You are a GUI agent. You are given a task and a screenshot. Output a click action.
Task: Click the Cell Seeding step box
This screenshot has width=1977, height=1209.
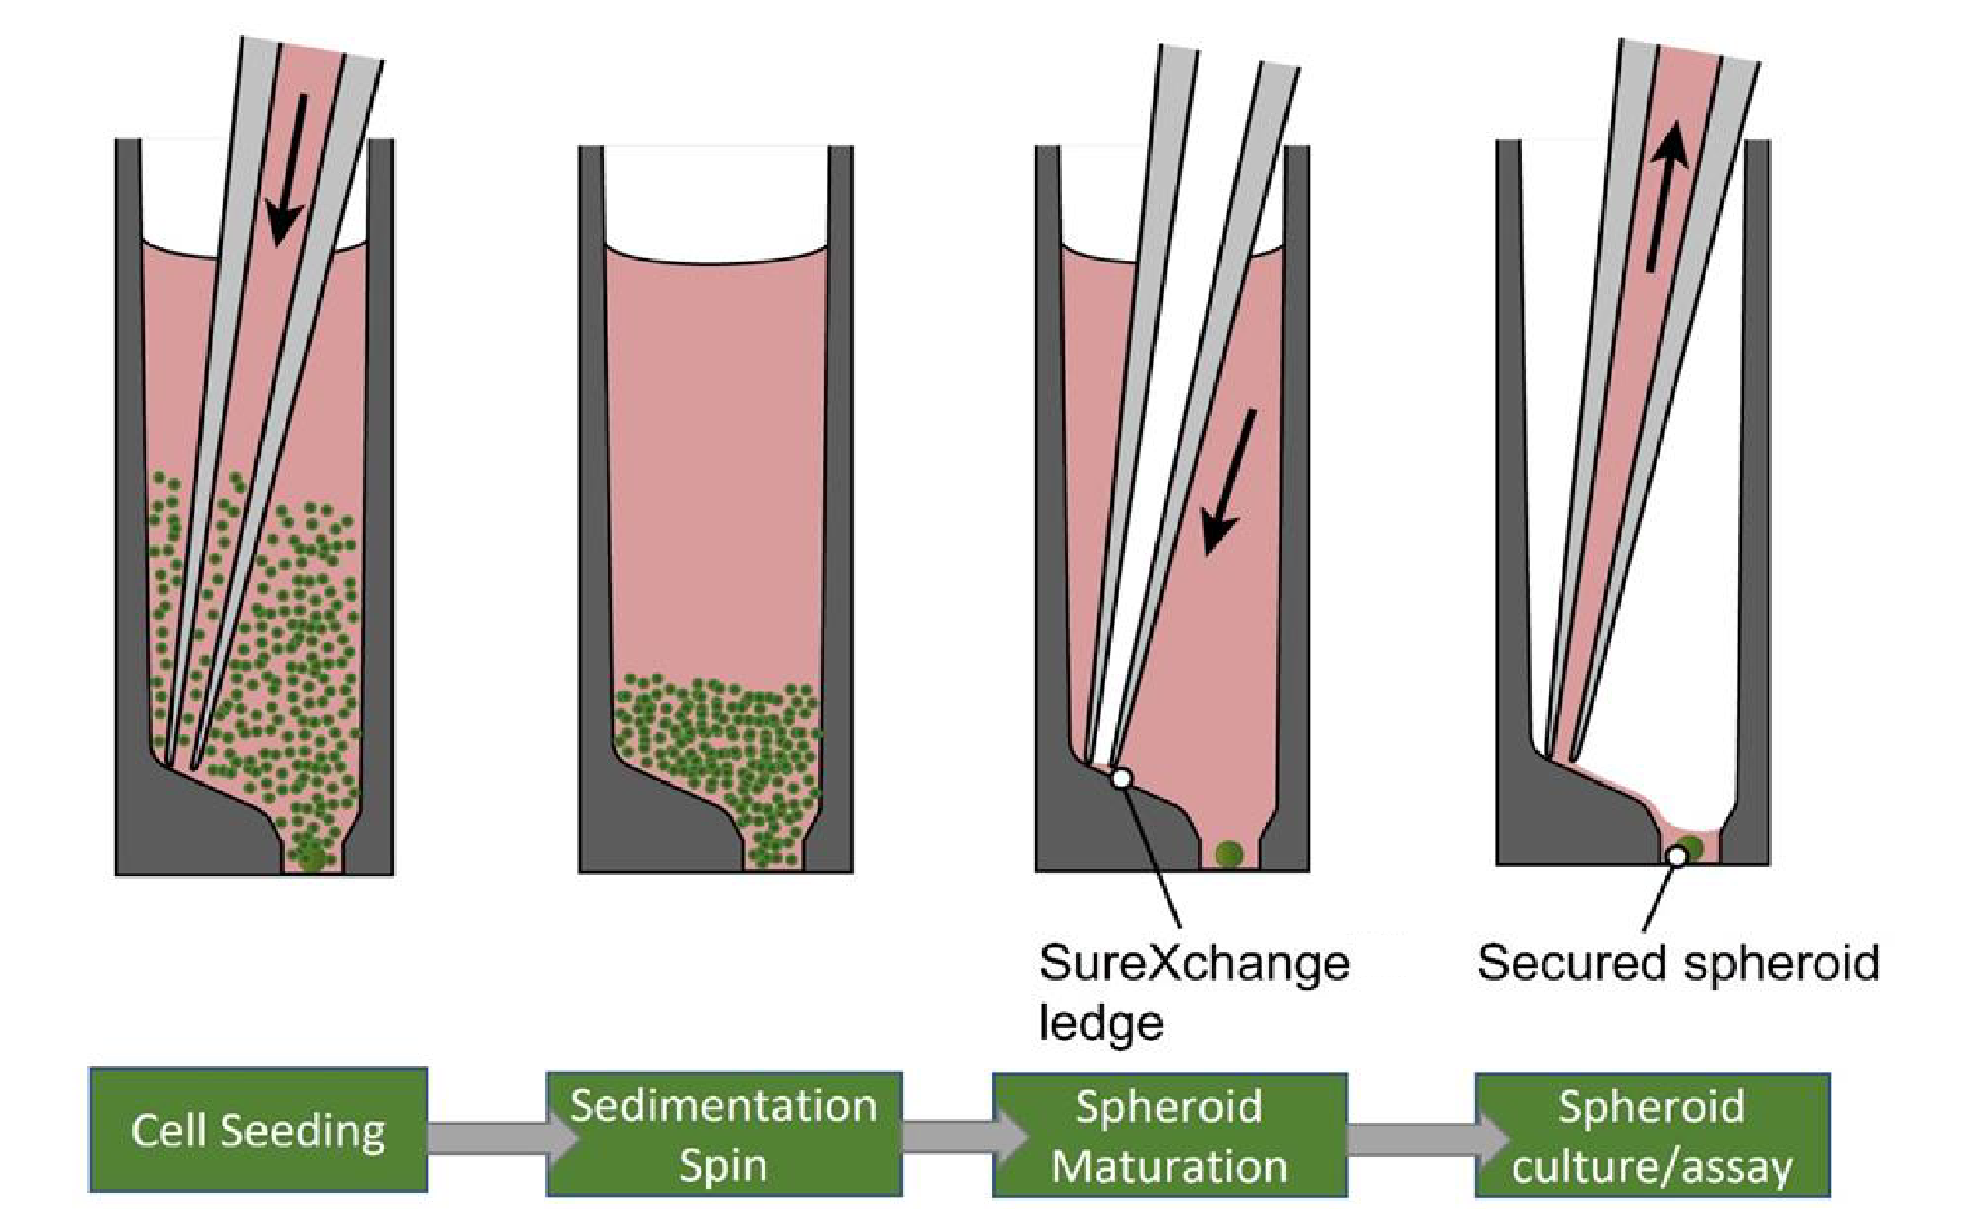point(258,1130)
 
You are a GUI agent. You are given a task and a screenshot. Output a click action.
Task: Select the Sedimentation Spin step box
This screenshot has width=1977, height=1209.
point(724,1134)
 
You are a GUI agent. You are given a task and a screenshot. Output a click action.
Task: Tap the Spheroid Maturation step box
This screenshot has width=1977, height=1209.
point(1169,1135)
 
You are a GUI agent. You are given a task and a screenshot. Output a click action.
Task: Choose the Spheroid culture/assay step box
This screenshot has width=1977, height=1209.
point(1652,1135)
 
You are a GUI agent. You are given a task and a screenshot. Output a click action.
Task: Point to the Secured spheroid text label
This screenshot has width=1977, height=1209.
point(1679,963)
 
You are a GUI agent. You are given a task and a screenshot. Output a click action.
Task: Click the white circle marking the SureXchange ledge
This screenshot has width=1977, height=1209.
point(1122,778)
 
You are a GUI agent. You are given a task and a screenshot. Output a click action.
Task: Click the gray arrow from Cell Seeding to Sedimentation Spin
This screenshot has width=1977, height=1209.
point(487,1137)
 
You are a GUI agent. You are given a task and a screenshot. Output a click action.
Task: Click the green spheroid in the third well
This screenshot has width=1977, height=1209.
point(1229,854)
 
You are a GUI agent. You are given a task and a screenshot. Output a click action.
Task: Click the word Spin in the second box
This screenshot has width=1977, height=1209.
point(724,1165)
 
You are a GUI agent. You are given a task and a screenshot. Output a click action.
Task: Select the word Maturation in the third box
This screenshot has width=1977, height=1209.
point(1169,1165)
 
